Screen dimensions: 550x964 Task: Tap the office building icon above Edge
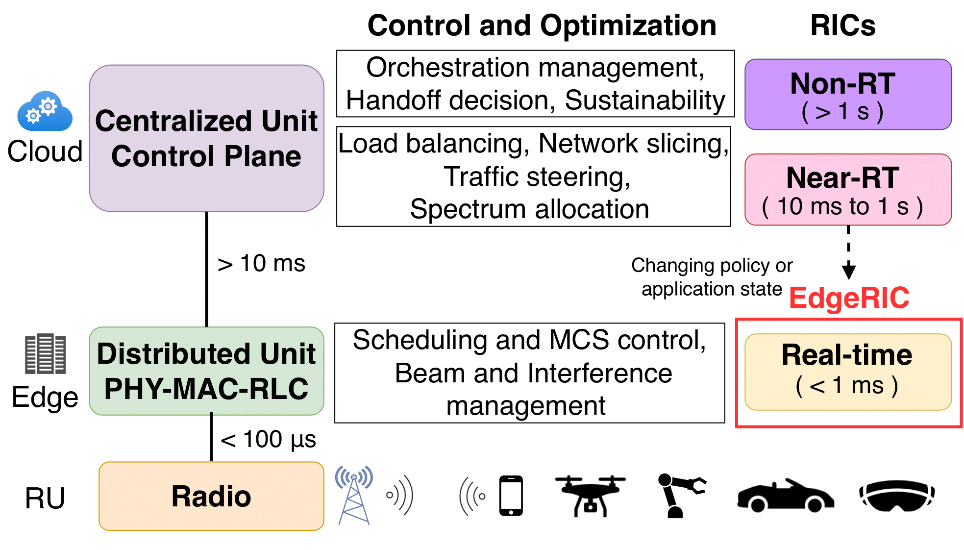[x=45, y=354]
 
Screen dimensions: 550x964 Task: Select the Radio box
[x=211, y=496]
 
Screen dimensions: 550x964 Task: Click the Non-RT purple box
[x=847, y=95]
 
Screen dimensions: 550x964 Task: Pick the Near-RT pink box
[x=847, y=190]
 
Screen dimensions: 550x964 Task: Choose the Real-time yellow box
[x=847, y=372]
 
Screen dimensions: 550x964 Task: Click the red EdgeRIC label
[x=849, y=298]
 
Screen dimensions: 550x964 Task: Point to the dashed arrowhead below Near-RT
[x=848, y=271]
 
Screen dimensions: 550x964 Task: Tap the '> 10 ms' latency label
[x=261, y=264]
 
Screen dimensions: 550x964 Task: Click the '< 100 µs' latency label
[x=268, y=439]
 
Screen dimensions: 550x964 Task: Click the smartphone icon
[x=511, y=496]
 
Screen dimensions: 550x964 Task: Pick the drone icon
[x=590, y=496]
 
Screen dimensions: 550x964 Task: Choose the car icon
[x=785, y=496]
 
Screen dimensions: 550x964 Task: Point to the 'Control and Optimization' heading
[x=542, y=25]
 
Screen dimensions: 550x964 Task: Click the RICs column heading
[x=842, y=25]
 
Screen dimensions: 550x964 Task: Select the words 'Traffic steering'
[x=537, y=176]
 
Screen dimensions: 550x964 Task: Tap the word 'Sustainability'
[x=644, y=100]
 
